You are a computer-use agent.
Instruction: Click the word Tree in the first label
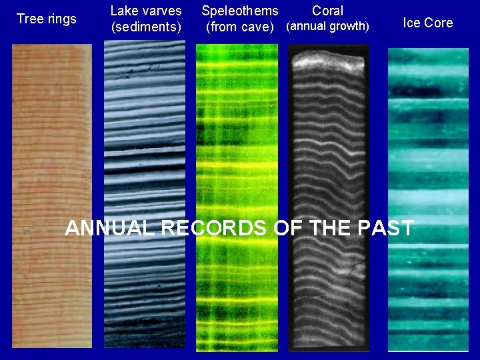(29, 19)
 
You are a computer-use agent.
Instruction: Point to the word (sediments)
(146, 27)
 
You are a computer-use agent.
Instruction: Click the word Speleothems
(240, 11)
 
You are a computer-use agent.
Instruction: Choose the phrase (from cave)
(240, 27)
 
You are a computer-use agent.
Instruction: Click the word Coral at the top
(327, 11)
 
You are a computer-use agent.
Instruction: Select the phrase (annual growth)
(327, 27)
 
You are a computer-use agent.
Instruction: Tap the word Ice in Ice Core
(411, 23)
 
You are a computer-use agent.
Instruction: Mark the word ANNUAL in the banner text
(110, 228)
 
